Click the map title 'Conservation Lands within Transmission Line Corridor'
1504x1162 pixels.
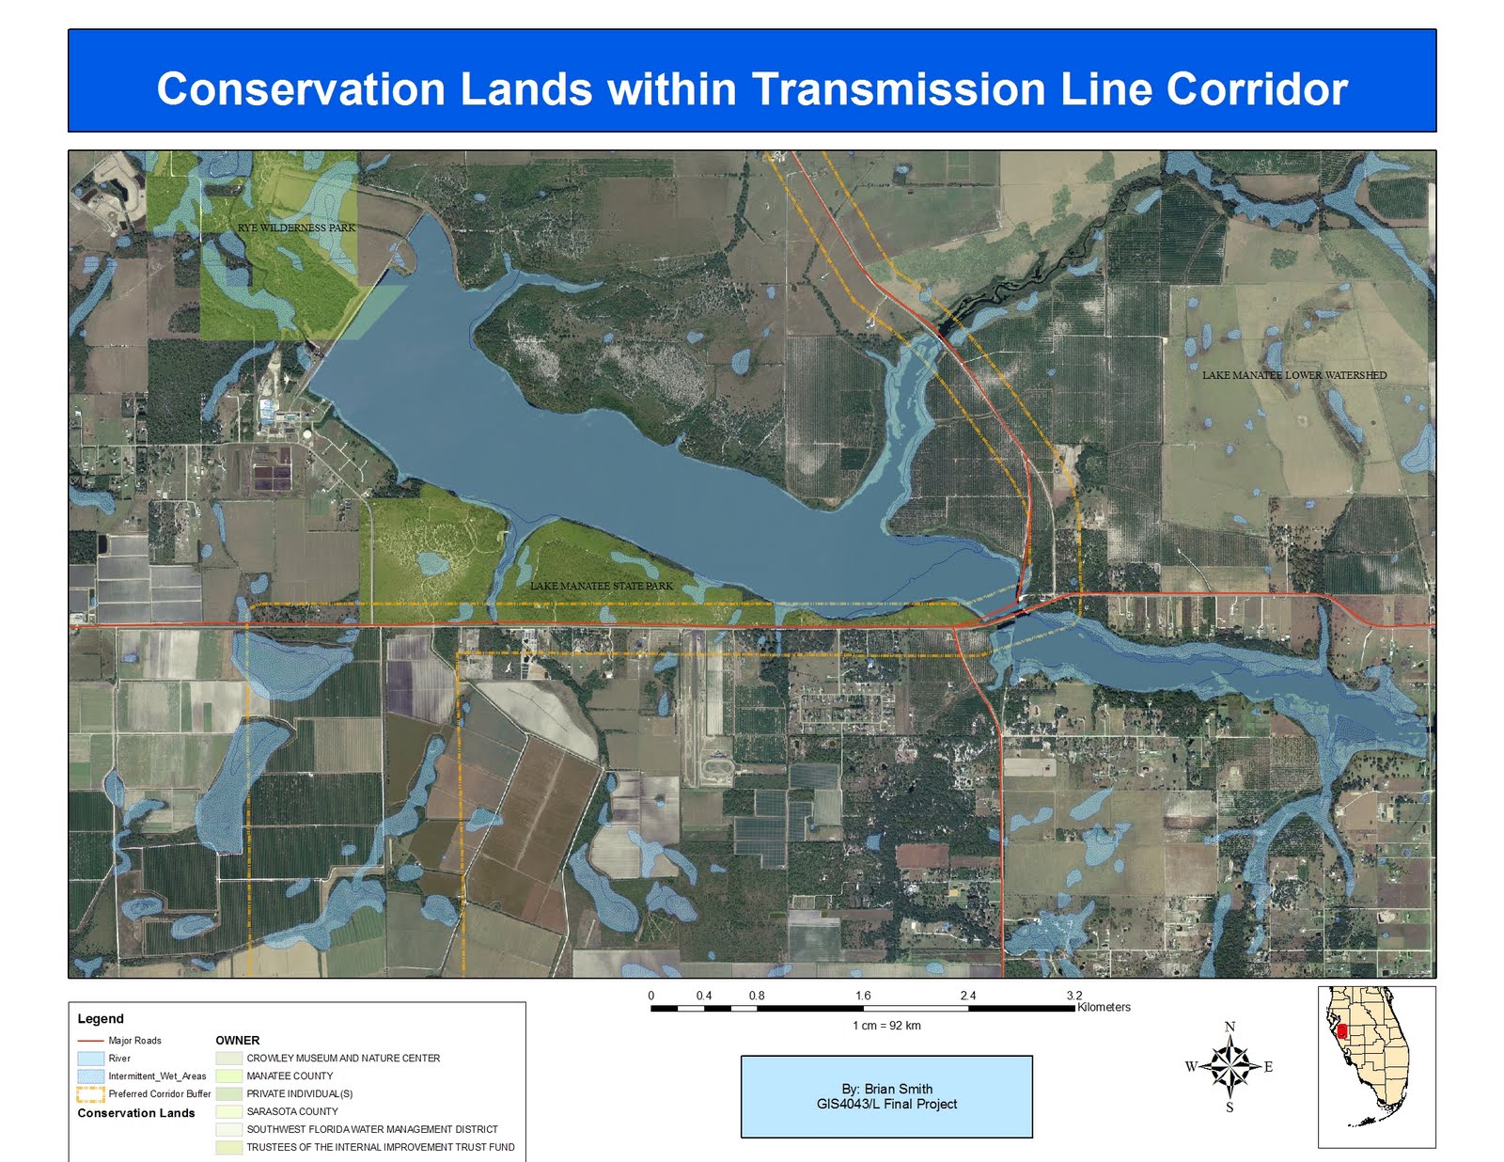click(752, 89)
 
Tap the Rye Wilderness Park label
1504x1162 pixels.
click(296, 228)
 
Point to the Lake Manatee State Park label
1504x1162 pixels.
click(602, 586)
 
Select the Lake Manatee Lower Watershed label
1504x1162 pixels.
click(1293, 375)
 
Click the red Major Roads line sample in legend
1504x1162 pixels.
click(90, 1041)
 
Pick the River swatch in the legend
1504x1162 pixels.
click(90, 1059)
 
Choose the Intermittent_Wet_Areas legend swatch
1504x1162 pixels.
click(90, 1076)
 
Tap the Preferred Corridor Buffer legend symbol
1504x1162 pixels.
click(90, 1094)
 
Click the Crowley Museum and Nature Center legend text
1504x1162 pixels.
click(343, 1059)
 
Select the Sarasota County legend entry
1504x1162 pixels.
click(292, 1111)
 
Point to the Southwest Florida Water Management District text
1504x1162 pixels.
click(372, 1129)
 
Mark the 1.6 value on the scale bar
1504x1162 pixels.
click(863, 996)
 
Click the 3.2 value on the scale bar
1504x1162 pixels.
click(1073, 996)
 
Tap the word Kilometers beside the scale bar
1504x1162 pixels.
click(1104, 1007)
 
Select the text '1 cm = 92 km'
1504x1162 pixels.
click(886, 1026)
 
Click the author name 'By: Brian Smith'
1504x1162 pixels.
click(887, 1089)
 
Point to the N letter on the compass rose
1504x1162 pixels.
click(1230, 1027)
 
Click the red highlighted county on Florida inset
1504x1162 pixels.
click(1341, 1031)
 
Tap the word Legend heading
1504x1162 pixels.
click(101, 1019)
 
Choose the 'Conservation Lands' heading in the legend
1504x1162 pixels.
click(136, 1113)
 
